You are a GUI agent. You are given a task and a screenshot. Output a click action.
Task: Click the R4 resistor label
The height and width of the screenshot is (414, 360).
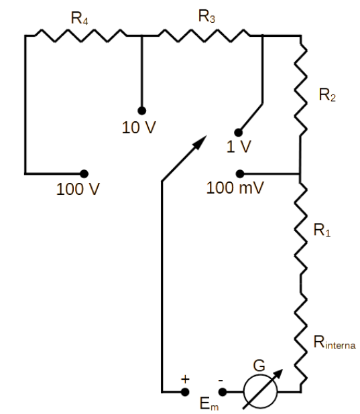79,19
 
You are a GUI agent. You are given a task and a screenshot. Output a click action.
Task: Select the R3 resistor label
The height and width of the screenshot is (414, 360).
206,17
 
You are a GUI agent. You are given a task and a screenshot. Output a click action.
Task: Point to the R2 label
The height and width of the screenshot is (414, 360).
327,95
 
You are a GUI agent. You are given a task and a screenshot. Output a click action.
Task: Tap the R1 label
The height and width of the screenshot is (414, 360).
322,230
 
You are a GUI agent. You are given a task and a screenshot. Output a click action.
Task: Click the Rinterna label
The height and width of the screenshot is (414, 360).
335,343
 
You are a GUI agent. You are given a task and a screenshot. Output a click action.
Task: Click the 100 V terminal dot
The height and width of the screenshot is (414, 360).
84,174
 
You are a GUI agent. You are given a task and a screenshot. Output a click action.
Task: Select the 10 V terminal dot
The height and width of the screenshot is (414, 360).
142,111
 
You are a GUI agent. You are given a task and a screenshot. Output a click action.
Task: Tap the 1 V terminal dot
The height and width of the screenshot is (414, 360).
239,133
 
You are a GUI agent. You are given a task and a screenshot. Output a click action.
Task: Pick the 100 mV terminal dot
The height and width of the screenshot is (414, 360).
240,174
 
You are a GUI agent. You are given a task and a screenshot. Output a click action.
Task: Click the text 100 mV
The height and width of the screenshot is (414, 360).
235,188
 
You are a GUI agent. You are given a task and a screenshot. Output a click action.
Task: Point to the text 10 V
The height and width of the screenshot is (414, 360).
139,127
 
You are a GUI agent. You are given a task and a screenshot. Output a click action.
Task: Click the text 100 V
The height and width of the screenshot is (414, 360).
78,190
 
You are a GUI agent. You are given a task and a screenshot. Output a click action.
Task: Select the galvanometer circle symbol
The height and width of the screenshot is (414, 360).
261,391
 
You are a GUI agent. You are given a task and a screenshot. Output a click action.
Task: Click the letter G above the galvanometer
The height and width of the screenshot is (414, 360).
259,366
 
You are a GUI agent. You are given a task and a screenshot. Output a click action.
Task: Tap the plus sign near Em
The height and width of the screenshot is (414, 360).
185,379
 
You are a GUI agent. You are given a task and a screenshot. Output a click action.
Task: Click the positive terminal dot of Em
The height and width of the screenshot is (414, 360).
185,392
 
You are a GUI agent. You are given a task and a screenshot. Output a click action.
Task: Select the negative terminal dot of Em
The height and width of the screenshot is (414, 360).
223,392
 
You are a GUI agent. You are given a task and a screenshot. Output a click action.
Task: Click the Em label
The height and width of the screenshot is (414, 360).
209,404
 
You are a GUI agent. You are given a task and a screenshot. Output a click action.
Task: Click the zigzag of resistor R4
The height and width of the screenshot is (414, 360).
80,36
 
